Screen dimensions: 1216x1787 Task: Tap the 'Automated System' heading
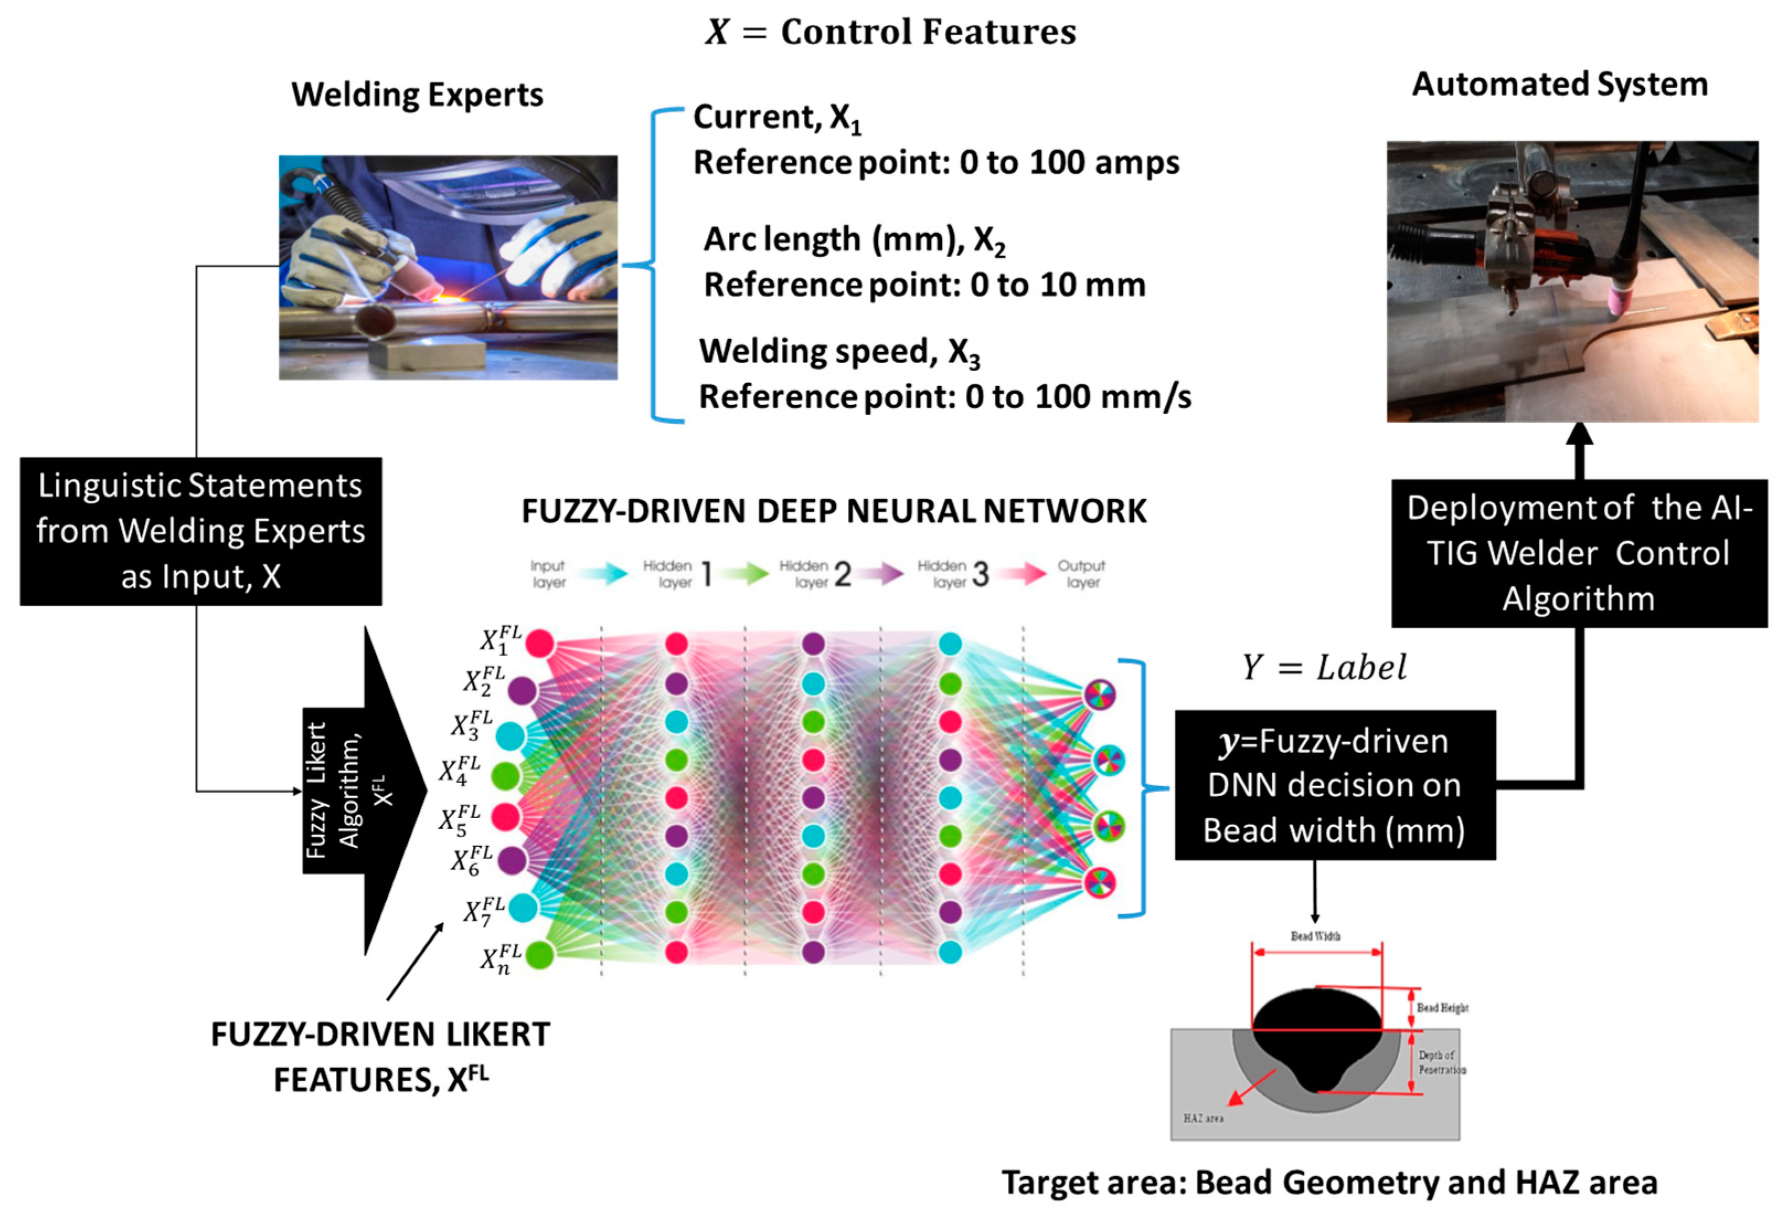point(1559,84)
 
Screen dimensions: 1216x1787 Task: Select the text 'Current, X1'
point(777,118)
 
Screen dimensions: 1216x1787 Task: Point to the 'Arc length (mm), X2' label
point(854,240)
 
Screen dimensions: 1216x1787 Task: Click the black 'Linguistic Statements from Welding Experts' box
point(201,531)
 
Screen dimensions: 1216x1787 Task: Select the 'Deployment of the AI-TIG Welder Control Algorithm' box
point(1578,553)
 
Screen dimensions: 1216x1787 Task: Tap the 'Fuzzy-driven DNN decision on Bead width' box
point(1334,785)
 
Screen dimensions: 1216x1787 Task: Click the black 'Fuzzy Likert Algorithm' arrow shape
point(365,790)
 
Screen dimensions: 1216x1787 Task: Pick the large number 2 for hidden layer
point(843,574)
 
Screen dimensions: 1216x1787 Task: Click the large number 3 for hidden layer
point(980,574)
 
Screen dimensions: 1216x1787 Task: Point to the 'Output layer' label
point(1081,574)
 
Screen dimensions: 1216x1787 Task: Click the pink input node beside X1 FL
point(540,643)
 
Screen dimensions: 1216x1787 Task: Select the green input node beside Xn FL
point(540,954)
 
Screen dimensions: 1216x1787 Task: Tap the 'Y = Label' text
point(1324,668)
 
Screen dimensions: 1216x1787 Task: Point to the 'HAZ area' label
point(1203,1118)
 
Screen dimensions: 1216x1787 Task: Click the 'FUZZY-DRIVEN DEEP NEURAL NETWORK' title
point(834,511)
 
